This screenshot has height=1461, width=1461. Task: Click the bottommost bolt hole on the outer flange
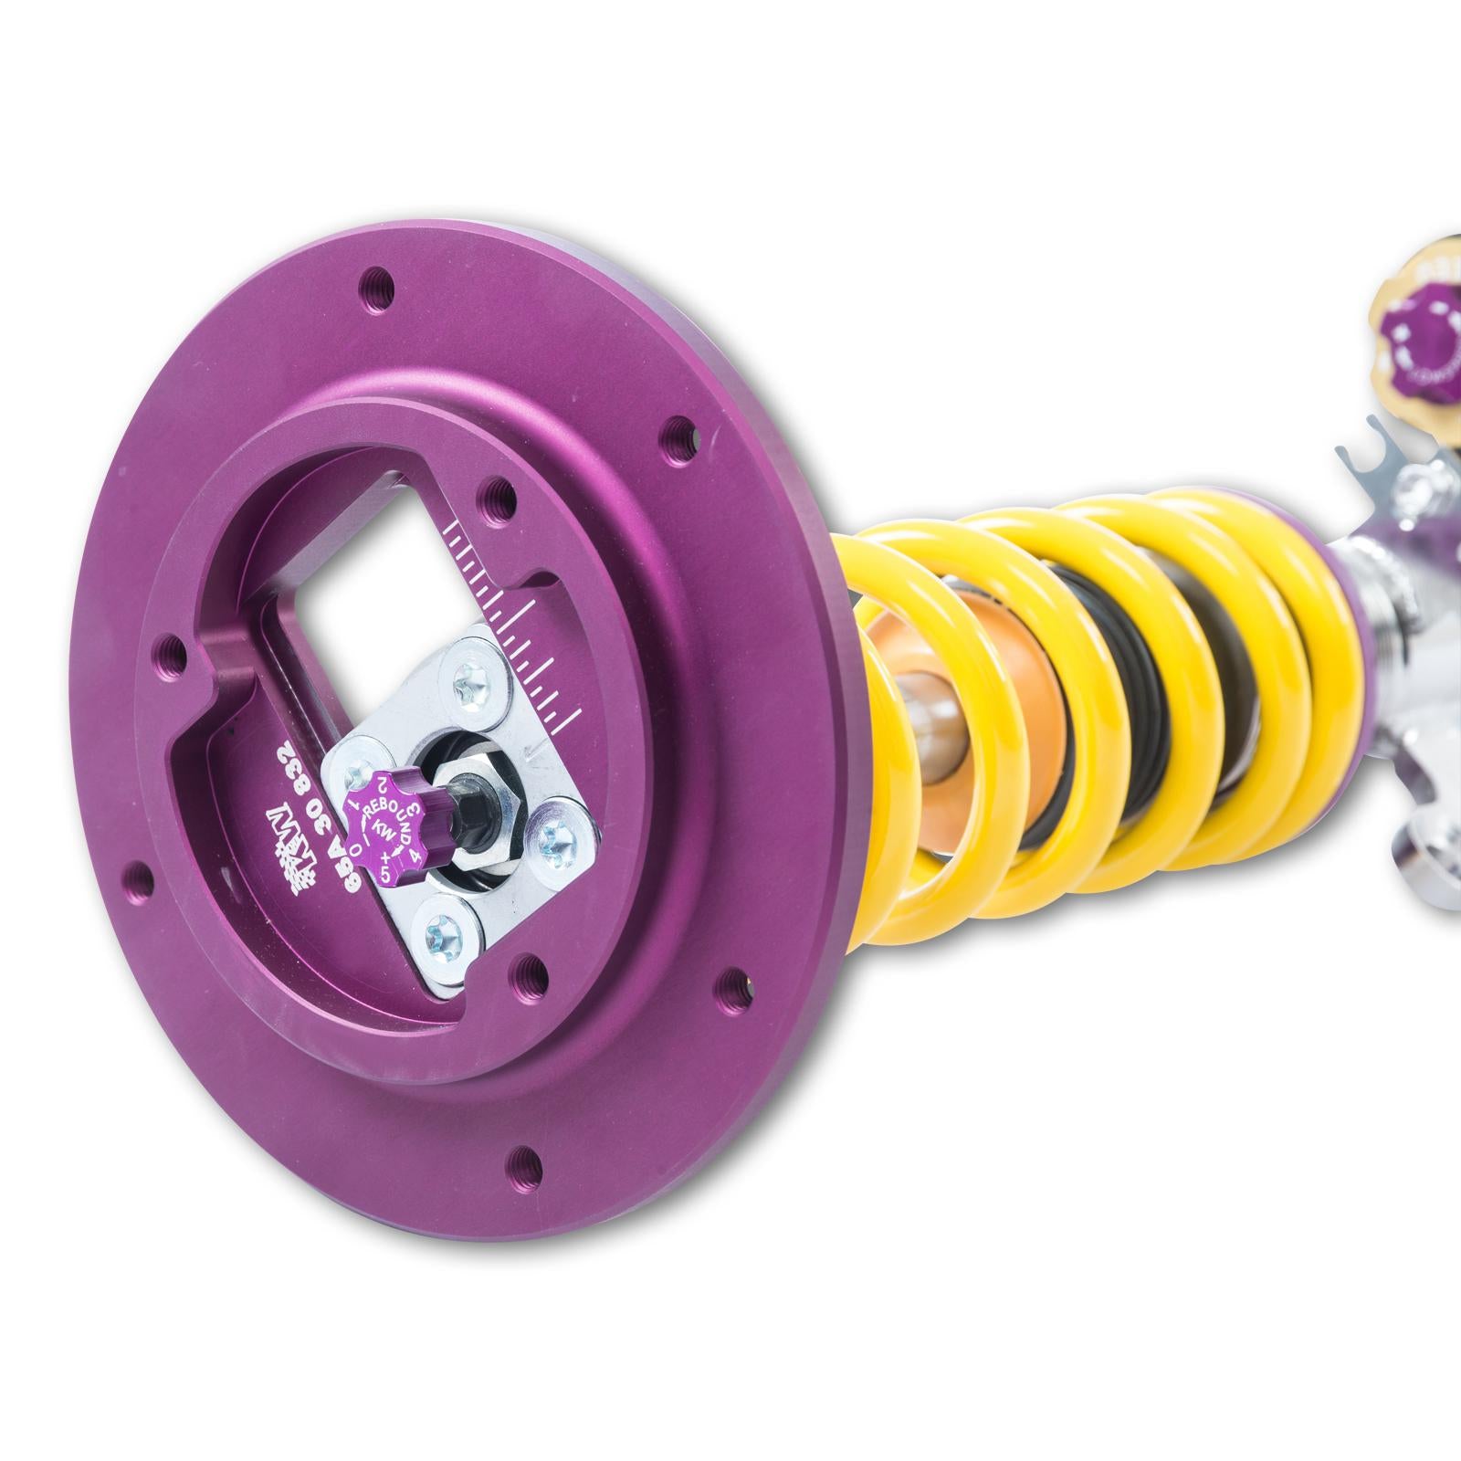[526, 1160]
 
